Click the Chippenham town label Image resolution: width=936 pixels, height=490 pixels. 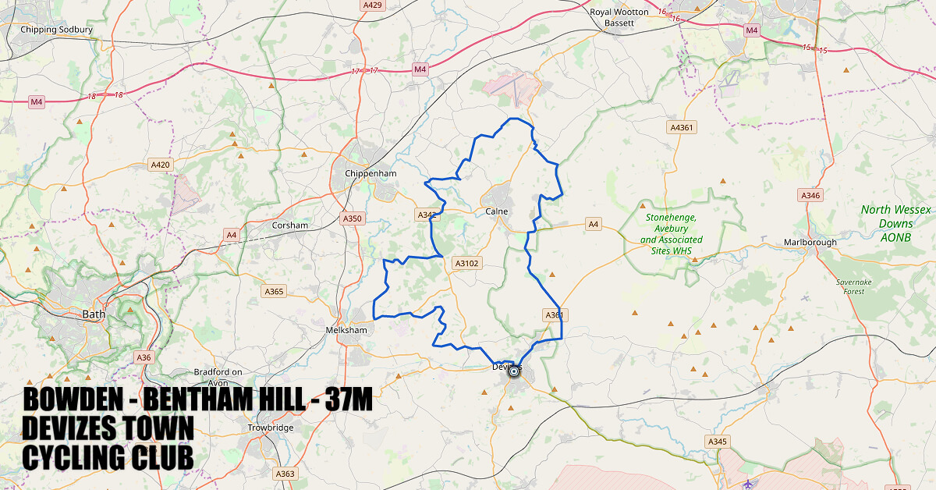(x=370, y=173)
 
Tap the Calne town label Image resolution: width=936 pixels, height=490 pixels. (x=497, y=211)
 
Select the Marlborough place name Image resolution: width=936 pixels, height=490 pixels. (x=810, y=243)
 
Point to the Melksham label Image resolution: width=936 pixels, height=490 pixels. (x=346, y=330)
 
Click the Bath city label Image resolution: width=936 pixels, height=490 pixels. (x=94, y=314)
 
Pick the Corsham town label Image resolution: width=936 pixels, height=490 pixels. (x=290, y=225)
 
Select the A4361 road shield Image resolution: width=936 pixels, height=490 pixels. (x=682, y=127)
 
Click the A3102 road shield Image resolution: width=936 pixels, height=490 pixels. (x=467, y=264)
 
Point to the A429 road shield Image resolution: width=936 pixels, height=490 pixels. (x=373, y=5)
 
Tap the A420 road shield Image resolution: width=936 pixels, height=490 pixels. (x=159, y=165)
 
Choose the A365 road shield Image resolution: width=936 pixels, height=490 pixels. (x=275, y=292)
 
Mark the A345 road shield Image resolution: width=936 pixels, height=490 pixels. (x=718, y=442)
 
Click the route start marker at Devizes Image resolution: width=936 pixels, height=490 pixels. (x=514, y=372)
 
